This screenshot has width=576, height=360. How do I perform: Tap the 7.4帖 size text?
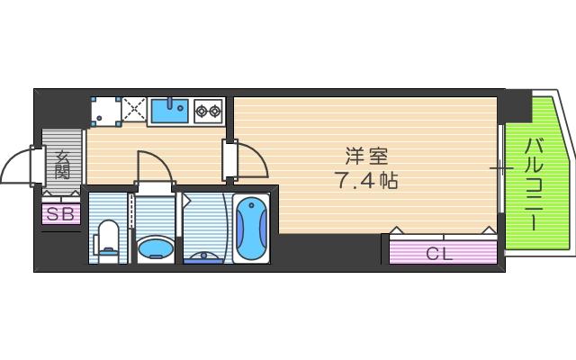tap(367, 179)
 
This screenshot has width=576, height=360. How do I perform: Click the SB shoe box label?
tap(60, 214)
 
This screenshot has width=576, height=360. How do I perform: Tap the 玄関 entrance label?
tap(62, 165)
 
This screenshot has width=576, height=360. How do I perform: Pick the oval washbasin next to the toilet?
tap(157, 247)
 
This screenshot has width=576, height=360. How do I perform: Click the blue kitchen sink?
tap(168, 112)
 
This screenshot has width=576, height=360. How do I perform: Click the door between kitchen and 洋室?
tap(248, 160)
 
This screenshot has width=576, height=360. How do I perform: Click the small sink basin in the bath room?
tap(207, 255)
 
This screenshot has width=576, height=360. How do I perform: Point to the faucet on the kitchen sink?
tap(177, 104)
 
